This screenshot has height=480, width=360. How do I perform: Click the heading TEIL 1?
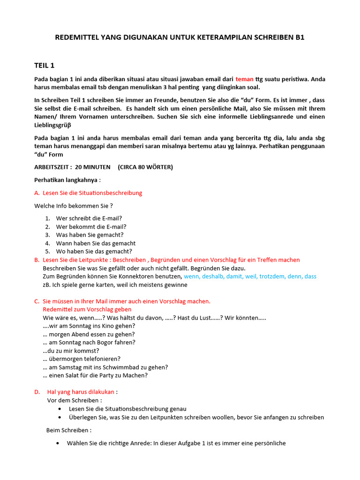(x=45, y=65)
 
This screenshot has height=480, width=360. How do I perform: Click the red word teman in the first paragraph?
(x=244, y=79)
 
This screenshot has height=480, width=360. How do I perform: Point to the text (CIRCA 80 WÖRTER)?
(x=145, y=167)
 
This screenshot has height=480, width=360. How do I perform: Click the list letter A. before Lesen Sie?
(x=37, y=193)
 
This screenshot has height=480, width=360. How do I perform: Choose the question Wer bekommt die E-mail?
(x=91, y=226)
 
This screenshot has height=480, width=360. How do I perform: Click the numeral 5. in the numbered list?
(x=48, y=252)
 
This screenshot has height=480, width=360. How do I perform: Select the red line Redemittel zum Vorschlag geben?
(x=87, y=309)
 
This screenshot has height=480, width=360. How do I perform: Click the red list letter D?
(x=37, y=392)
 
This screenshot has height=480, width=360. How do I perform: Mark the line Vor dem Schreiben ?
(x=75, y=400)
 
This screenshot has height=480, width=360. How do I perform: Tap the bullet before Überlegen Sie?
(x=60, y=417)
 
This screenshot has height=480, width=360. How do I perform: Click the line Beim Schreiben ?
(x=69, y=430)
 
